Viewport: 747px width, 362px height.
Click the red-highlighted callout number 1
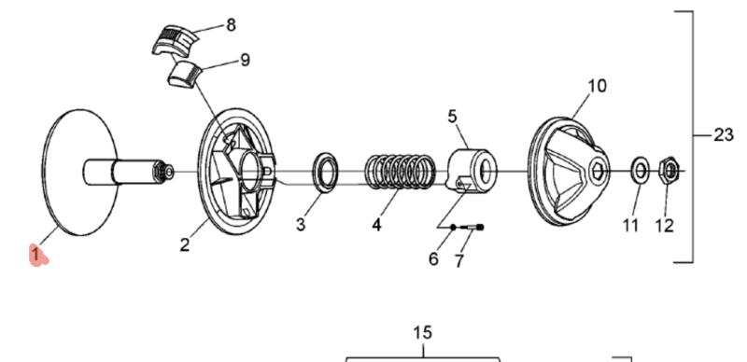click(36, 254)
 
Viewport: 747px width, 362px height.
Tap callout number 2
click(185, 244)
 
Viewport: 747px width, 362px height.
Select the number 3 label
click(301, 224)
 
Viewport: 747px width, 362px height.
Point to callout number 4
click(377, 224)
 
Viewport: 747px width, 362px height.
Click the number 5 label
click(453, 116)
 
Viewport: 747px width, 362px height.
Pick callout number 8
click(231, 24)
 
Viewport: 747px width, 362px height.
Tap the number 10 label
click(597, 86)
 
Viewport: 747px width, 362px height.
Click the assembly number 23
click(723, 135)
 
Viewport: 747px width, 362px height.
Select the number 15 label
click(423, 332)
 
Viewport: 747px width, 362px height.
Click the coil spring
click(401, 172)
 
